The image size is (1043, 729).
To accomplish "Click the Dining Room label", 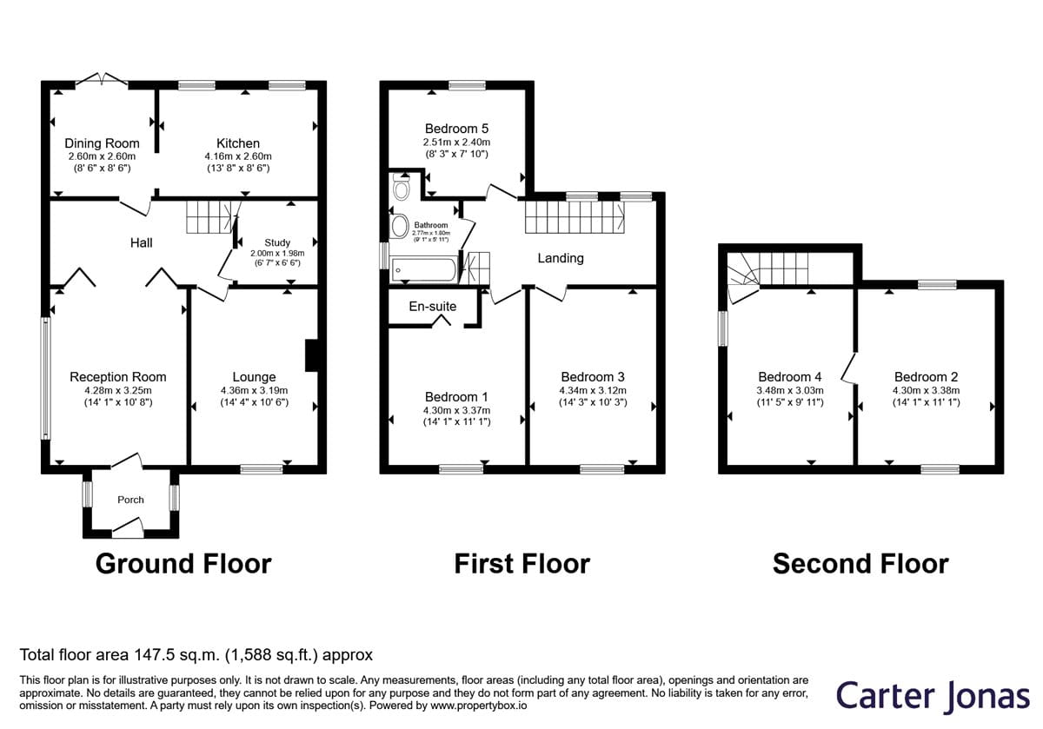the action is (102, 143).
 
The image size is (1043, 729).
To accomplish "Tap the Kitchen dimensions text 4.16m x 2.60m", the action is (238, 156).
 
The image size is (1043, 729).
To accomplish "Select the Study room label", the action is (277, 242).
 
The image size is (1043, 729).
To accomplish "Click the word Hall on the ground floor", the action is (141, 242).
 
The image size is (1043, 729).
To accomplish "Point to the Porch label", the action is (131, 500).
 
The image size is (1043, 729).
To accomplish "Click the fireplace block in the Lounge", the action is (311, 355).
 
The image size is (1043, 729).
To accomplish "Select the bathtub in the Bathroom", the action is (424, 269).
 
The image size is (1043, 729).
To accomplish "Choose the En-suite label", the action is (433, 307).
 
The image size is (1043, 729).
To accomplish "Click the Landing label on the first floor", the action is (561, 258).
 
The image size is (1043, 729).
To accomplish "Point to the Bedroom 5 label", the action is (457, 129).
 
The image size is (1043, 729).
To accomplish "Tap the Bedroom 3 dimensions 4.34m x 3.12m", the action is (593, 390).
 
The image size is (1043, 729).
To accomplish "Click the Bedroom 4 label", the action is (790, 376).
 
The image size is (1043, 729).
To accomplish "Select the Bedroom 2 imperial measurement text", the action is (927, 402).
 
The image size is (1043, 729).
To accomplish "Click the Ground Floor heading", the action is (183, 564).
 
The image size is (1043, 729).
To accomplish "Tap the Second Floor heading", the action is (860, 564).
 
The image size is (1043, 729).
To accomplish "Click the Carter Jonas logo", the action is (933, 696).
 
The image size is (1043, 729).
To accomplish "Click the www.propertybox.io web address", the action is (479, 706).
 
